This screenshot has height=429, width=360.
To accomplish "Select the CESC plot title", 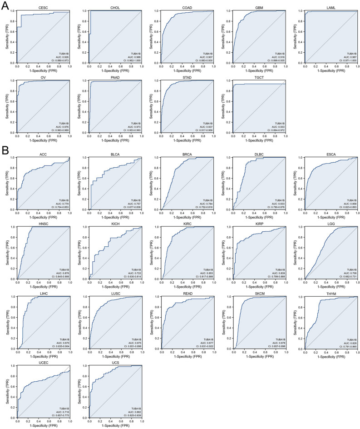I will [x=43, y=8].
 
